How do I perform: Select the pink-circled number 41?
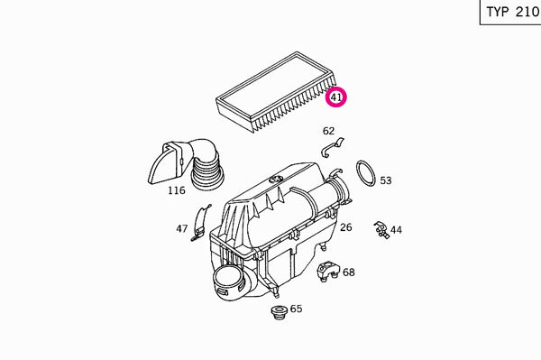[336, 96]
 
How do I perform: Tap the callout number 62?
[328, 132]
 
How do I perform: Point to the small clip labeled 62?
[332, 146]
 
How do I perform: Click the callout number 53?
[386, 180]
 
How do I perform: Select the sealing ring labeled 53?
[365, 175]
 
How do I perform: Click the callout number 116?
[176, 191]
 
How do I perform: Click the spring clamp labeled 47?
[200, 223]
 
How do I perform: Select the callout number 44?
[397, 230]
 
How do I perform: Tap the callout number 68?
[349, 272]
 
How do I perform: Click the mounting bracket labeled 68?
[328, 270]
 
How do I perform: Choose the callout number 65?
[296, 309]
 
